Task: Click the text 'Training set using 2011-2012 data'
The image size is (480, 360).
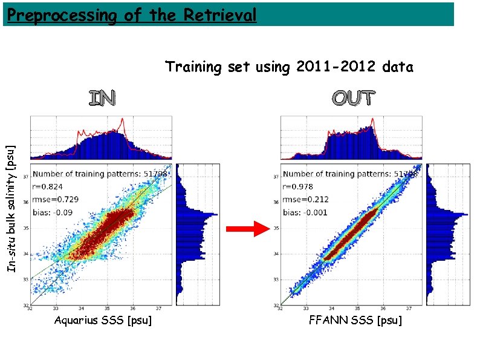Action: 289,67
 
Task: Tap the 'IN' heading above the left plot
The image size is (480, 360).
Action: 102,98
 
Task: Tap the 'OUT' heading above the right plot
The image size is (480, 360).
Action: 353,98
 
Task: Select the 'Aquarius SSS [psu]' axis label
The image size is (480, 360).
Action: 103,320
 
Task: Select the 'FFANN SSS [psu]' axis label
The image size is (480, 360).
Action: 355,320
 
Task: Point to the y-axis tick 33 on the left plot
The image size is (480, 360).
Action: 25,280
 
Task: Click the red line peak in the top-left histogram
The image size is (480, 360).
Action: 123,120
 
